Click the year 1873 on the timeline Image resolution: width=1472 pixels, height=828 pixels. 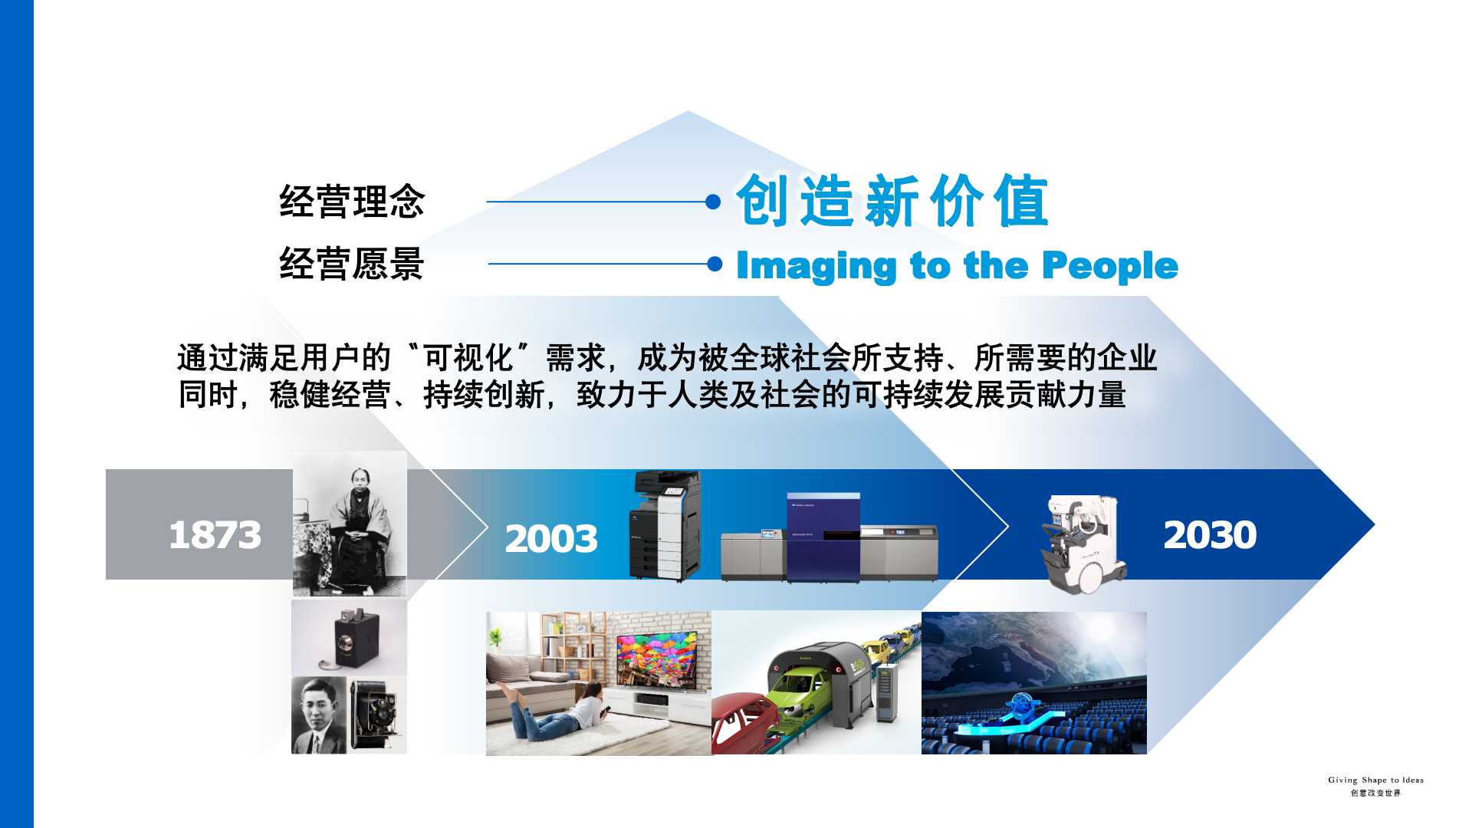pos(215,534)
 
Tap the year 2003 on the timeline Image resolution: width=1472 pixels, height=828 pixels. pos(551,538)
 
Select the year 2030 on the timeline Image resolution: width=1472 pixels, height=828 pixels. pos(1210,534)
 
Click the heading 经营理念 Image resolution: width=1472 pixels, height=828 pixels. pos(352,202)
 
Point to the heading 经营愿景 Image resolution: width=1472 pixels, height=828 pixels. pos(352,264)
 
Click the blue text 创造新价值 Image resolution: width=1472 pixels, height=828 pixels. pos(892,201)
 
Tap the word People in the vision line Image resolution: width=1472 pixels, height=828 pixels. pos(1110,266)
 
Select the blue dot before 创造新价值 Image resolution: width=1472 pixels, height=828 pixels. pos(713,202)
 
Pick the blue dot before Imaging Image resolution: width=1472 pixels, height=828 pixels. pos(715,264)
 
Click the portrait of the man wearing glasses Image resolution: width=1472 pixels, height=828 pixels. pos(318,715)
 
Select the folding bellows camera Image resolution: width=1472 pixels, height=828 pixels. pos(375,715)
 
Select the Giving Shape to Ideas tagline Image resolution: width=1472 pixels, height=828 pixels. pos(1375,780)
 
